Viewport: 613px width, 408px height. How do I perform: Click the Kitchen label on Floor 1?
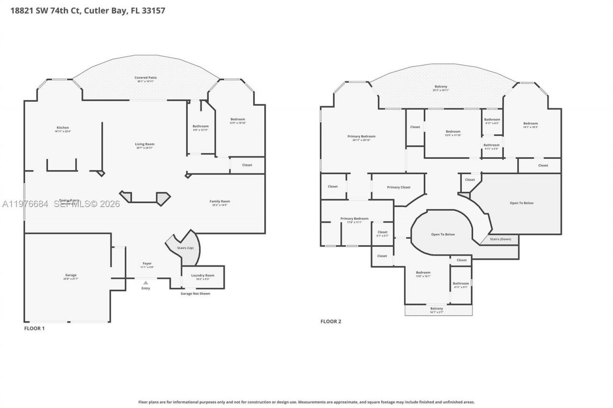pyautogui.click(x=63, y=128)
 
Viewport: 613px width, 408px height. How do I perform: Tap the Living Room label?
pyautogui.click(x=144, y=144)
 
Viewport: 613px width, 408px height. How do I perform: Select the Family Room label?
pyautogui.click(x=220, y=201)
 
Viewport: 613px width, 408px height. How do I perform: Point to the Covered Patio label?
pyautogui.click(x=145, y=77)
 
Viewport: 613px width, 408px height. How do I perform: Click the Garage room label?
pyautogui.click(x=71, y=275)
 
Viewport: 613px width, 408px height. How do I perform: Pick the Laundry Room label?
pyautogui.click(x=203, y=275)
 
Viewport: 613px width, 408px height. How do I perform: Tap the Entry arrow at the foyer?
pyautogui.click(x=146, y=283)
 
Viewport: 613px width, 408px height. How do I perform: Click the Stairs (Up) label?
pyautogui.click(x=186, y=248)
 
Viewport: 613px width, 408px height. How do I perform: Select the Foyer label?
pyautogui.click(x=147, y=264)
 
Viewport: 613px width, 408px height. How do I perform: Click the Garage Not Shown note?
pyautogui.click(x=195, y=293)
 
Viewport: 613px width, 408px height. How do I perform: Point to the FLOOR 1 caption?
pyautogui.click(x=34, y=328)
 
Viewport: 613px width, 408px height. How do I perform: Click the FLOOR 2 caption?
pyautogui.click(x=330, y=321)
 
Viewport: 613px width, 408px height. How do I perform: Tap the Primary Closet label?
pyautogui.click(x=398, y=187)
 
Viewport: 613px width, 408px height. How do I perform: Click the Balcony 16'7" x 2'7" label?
pyautogui.click(x=436, y=309)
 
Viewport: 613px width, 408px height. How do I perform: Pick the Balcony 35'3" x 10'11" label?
pyautogui.click(x=440, y=87)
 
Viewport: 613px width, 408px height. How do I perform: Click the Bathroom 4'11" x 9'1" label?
pyautogui.click(x=461, y=284)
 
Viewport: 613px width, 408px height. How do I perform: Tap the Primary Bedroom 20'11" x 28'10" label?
pyautogui.click(x=361, y=136)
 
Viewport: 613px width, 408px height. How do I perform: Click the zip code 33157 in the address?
pyautogui.click(x=154, y=10)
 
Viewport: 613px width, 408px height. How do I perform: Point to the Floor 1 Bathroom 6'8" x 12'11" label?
pyautogui.click(x=201, y=126)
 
